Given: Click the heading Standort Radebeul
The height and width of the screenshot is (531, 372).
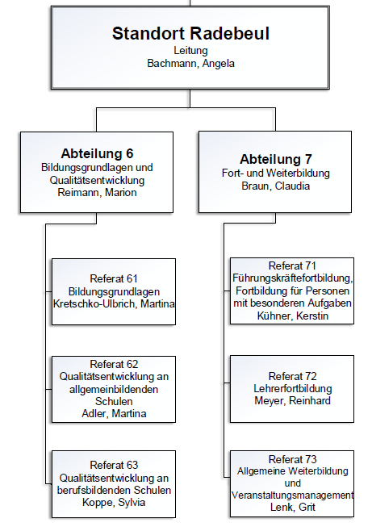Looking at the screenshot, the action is pos(190,34).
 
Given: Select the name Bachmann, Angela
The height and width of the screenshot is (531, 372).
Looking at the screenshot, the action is pos(190,64).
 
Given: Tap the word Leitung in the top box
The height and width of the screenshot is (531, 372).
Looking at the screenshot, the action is pos(190,51).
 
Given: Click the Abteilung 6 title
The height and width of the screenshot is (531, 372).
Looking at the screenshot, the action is pos(97,153).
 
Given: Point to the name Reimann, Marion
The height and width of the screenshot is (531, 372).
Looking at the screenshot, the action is pos(97,193).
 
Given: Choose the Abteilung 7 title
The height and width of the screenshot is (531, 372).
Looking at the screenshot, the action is pos(276,159).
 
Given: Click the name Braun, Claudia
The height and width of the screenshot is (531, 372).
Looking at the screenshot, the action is pos(275,186).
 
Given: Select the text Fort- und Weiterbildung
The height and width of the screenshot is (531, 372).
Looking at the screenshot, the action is pos(275,173).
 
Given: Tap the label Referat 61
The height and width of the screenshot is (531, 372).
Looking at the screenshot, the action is pos(114,278).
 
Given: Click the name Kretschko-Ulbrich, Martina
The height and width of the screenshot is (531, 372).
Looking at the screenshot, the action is pos(114,303).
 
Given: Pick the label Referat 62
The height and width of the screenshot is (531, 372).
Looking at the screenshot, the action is pos(114,365).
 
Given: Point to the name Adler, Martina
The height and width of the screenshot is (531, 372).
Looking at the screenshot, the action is pos(114,413).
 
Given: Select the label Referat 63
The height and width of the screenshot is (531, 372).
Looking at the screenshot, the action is pos(114,465).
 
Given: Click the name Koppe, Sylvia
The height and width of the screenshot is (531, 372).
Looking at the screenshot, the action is pos(114,502).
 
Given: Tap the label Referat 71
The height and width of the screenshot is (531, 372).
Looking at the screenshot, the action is pos(292,265).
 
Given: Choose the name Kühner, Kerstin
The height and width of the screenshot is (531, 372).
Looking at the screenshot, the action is pos(292,316).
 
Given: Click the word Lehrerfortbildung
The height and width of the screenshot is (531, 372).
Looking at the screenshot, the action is pos(292,388).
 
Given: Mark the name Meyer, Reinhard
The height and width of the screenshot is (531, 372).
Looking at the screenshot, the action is pos(292,401).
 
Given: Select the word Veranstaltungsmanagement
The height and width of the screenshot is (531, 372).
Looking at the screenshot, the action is pos(292,495).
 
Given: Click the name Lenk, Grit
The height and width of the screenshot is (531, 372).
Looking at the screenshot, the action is pos(292,508).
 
